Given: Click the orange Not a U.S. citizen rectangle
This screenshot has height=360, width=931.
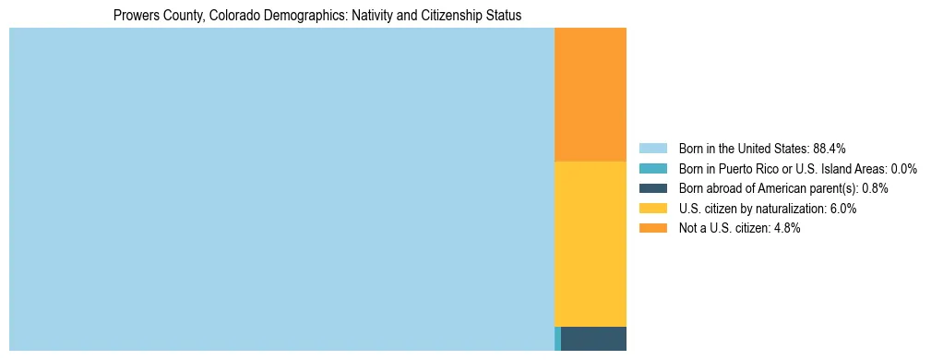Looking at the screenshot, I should coord(590,94).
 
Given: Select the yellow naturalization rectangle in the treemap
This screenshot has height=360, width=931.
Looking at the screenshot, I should coord(590,244).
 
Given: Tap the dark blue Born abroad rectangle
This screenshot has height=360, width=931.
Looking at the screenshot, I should coord(593,339).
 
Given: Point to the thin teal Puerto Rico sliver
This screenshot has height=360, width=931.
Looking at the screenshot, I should coord(557,339).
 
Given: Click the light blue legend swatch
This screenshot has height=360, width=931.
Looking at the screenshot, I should coord(652,148).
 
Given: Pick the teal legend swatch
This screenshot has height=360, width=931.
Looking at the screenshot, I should coord(652,168).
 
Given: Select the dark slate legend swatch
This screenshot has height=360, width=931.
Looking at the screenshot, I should coord(652,188).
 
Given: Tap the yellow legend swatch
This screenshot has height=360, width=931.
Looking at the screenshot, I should coord(652,209).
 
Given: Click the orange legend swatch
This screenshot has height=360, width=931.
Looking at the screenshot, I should coord(652,228).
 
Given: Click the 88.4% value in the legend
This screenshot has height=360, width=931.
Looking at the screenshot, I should coord(830,148).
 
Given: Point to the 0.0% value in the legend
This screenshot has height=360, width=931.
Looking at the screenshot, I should coord(903,168).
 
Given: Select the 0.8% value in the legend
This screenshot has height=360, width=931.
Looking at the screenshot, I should coord(875,188).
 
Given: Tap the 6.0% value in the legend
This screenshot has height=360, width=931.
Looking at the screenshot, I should coord(842,209).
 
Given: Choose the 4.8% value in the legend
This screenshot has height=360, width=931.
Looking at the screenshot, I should coord(786,229).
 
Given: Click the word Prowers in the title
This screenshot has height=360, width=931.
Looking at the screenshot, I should coord(136,16).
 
